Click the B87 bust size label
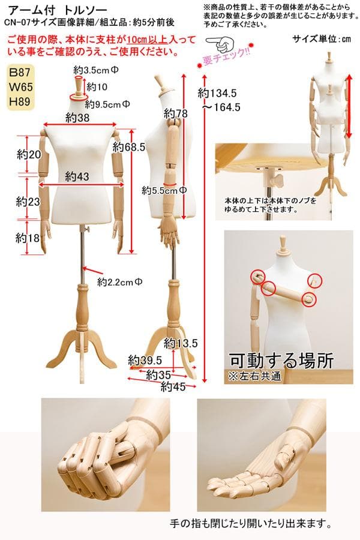(x=22, y=73)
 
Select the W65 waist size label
(x=22, y=87)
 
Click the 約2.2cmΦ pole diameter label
(x=120, y=281)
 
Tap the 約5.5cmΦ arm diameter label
(x=165, y=190)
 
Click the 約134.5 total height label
(x=218, y=94)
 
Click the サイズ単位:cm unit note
(x=322, y=40)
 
